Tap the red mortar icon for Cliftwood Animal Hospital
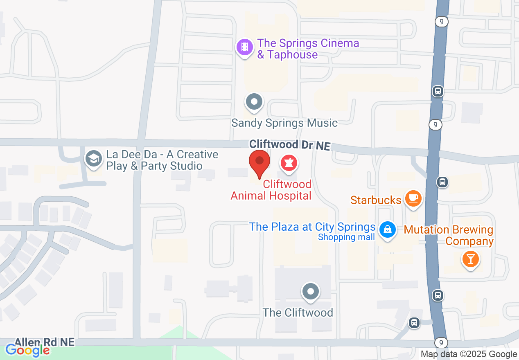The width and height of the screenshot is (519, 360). (x=289, y=163)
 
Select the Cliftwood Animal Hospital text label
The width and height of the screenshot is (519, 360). (x=271, y=190)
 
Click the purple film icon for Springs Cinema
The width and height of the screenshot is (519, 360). (x=245, y=47)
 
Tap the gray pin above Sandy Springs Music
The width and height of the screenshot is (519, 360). (x=254, y=101)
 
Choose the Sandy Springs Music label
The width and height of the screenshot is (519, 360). (x=284, y=123)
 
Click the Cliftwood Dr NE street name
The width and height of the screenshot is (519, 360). (x=289, y=145)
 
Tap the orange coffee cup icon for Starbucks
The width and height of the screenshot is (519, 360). (x=413, y=198)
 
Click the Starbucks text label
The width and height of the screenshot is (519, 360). (x=375, y=200)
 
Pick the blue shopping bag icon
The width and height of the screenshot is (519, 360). (x=387, y=229)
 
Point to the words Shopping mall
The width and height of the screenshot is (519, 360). (x=346, y=237)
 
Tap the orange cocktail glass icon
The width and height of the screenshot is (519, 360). (x=470, y=259)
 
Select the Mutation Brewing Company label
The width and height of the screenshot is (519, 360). (x=449, y=235)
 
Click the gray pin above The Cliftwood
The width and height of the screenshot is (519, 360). (x=311, y=292)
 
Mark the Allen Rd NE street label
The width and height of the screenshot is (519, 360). (x=45, y=342)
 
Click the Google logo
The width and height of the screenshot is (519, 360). (x=27, y=350)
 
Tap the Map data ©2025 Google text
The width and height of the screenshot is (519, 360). (x=469, y=354)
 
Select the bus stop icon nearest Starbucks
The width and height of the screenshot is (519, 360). (x=442, y=182)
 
